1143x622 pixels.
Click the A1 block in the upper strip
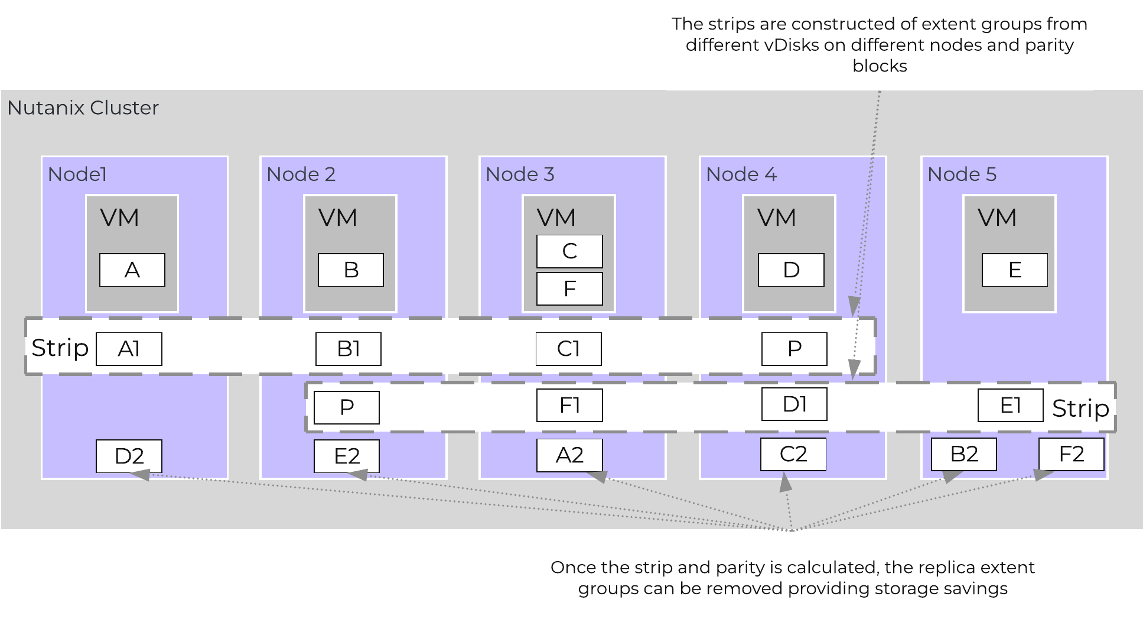129,349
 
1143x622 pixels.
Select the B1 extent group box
349,349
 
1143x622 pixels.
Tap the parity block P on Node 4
794,349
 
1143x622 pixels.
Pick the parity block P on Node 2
347,407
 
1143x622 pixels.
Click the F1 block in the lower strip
569,405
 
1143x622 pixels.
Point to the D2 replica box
129,456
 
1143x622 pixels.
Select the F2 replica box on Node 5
1071,454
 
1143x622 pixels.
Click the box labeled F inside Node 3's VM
569,289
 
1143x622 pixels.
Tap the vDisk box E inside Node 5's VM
1014,270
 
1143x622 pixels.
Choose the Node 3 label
520,174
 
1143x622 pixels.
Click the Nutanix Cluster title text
83,108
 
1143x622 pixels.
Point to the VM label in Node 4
776,218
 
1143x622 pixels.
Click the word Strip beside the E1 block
1080,409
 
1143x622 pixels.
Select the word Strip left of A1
60,348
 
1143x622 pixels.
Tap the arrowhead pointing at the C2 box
786,483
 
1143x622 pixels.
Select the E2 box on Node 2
346,456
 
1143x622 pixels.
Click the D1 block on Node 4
794,404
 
